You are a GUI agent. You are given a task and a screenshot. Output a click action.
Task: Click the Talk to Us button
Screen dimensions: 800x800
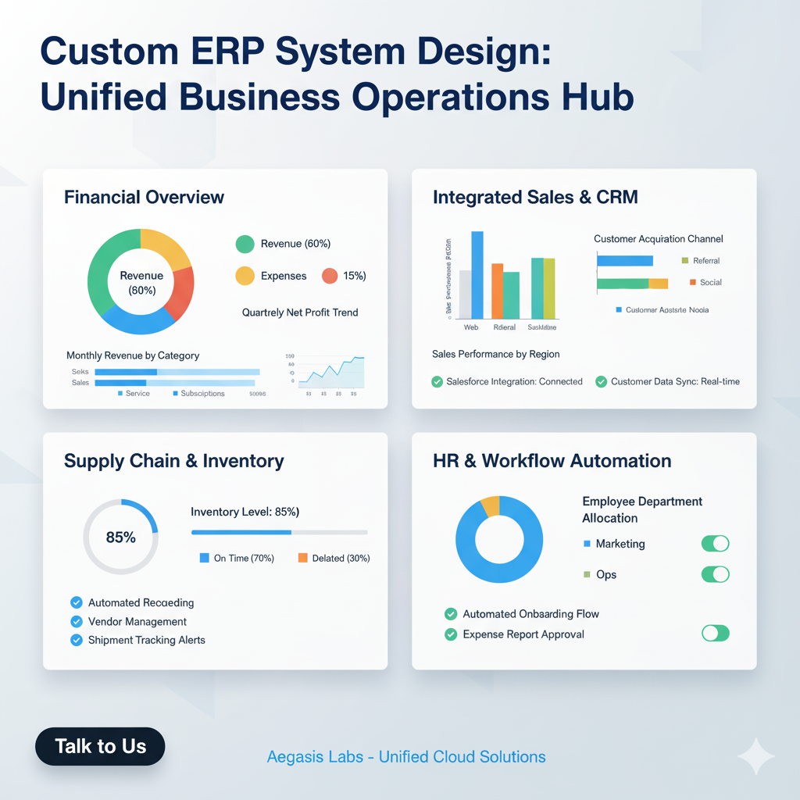coord(100,746)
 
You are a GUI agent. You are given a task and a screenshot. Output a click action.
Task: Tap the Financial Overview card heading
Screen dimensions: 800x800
coord(144,197)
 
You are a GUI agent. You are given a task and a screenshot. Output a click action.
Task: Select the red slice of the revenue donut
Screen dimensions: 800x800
coord(180,294)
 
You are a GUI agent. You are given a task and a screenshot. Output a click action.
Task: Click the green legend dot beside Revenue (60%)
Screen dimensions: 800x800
coord(245,244)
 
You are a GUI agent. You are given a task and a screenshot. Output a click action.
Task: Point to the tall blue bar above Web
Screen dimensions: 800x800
coord(477,275)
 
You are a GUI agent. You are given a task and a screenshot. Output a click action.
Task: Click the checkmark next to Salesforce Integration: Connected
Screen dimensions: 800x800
coord(437,382)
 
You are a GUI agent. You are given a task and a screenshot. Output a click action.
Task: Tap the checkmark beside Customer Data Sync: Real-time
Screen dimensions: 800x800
coord(601,382)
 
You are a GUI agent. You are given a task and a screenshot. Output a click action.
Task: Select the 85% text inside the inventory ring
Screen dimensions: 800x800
coord(120,537)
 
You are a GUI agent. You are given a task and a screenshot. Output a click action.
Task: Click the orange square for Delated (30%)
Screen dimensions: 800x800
coord(302,558)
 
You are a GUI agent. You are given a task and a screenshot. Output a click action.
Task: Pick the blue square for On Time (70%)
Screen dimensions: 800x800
coord(205,558)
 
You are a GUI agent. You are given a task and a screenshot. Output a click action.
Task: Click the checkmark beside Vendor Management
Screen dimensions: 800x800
coord(77,622)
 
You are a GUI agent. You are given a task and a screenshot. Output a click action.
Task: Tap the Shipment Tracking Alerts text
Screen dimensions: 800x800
coord(146,640)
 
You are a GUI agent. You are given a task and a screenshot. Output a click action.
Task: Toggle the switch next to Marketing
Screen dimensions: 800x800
coord(715,544)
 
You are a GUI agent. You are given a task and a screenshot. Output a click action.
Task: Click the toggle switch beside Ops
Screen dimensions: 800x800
coord(715,574)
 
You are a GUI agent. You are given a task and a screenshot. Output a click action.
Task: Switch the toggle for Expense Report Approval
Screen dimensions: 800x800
coord(715,633)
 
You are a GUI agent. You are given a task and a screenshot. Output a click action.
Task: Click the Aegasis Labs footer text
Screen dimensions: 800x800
coord(406,757)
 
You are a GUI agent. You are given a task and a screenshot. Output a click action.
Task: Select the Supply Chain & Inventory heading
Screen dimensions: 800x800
coord(173,461)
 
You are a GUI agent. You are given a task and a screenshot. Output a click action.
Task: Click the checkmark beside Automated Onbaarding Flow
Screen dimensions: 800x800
coord(450,614)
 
